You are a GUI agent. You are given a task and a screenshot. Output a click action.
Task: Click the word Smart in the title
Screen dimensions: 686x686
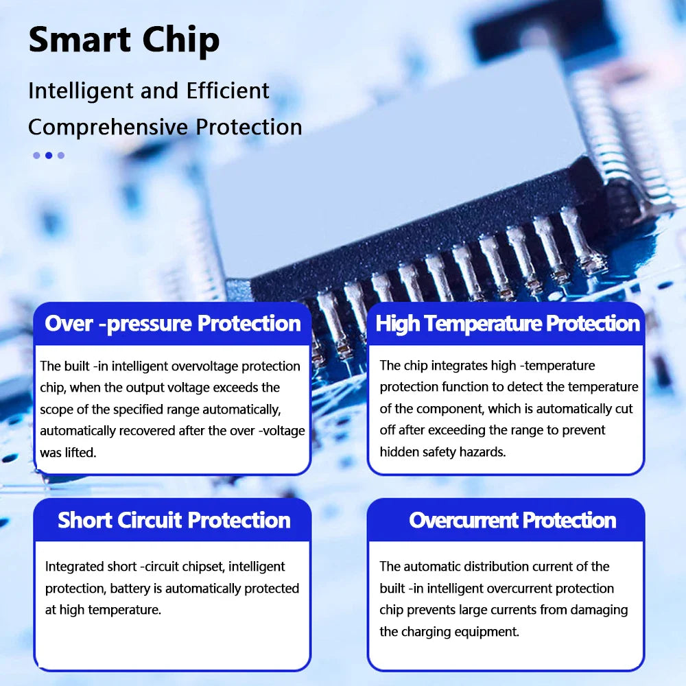pos(80,39)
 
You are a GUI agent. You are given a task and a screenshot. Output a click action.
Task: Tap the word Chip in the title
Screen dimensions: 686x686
pos(180,41)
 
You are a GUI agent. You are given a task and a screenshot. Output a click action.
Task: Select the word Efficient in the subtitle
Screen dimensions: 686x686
pos(228,91)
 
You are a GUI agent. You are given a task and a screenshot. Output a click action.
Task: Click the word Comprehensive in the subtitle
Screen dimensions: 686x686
pos(108,128)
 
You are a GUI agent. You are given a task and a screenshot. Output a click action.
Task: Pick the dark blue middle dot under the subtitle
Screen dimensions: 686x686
pos(49,155)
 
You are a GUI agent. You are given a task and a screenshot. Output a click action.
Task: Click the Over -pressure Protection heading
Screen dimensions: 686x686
pos(173,324)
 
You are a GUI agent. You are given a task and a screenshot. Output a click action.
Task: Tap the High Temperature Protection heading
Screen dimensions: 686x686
pos(508,324)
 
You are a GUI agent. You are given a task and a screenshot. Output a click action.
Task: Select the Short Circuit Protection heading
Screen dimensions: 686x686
pos(174,520)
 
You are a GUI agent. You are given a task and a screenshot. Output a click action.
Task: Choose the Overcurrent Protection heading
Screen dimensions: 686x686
pos(512,520)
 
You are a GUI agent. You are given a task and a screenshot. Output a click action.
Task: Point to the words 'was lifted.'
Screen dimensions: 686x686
pos(68,452)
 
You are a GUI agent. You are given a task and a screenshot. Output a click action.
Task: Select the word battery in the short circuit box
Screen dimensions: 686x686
pos(130,589)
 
